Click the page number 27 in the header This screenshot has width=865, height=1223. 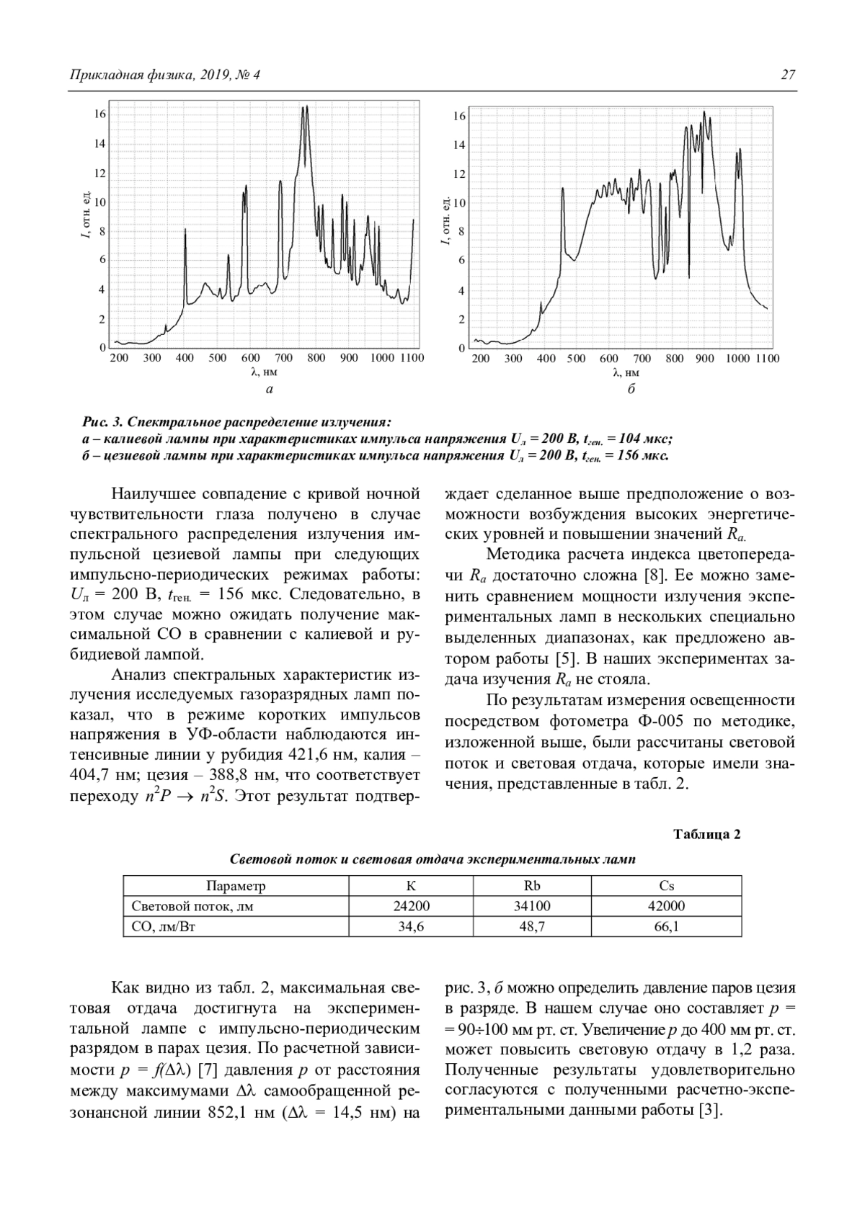(x=788, y=75)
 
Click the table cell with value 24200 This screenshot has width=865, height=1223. (x=411, y=906)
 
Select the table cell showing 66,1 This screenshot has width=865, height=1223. (x=666, y=927)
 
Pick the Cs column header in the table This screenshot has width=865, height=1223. (x=666, y=886)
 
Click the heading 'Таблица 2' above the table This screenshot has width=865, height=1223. (x=706, y=835)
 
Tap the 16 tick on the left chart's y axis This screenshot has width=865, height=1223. (x=99, y=114)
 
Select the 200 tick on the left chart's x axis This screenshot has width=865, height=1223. (x=119, y=358)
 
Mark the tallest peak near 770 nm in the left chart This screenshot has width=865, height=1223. (x=306, y=108)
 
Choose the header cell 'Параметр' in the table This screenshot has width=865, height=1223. (x=236, y=886)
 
